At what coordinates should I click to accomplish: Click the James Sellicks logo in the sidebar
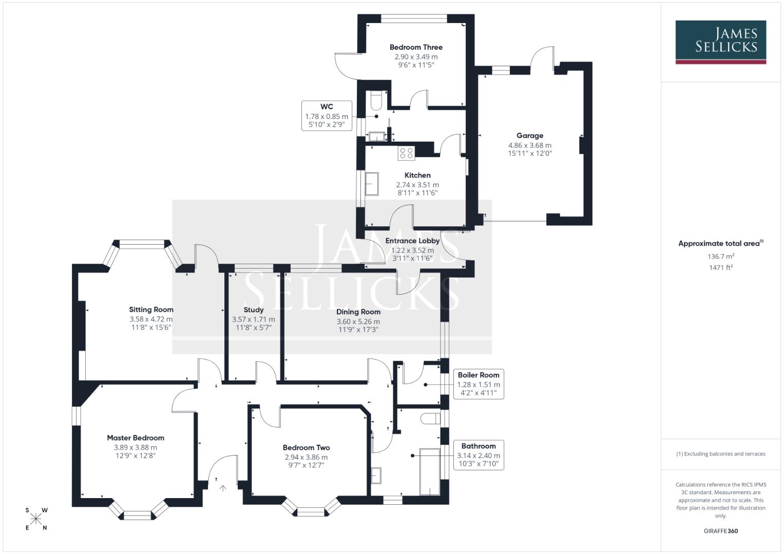tap(720, 42)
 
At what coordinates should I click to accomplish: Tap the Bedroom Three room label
tap(416, 47)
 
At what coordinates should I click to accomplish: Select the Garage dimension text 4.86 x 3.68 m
tap(529, 145)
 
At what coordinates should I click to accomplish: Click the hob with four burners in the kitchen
tap(406, 152)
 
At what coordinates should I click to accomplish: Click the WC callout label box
tap(327, 115)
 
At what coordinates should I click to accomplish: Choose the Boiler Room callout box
tap(478, 384)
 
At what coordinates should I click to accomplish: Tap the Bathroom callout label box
tap(478, 455)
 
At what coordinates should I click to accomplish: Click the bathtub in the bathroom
tap(430, 471)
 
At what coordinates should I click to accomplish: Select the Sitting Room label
tap(151, 309)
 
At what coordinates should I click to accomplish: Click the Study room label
tap(254, 310)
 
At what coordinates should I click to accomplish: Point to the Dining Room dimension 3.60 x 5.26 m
tap(358, 322)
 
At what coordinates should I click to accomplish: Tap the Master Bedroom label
tap(136, 438)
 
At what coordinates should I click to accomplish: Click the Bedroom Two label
tap(306, 447)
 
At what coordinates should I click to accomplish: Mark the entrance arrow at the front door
tap(223, 488)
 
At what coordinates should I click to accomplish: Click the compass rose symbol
tap(36, 519)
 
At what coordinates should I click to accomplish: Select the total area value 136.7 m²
tap(720, 256)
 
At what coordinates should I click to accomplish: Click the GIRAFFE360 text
tap(720, 531)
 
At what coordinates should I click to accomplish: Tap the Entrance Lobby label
tap(412, 241)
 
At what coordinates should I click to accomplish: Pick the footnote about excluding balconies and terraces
tap(720, 454)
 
